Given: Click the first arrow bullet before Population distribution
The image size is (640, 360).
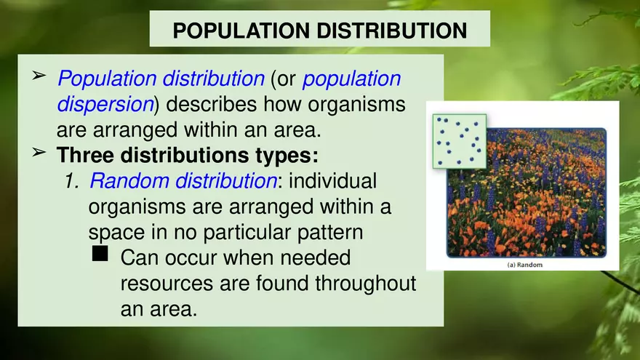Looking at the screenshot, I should (40, 76).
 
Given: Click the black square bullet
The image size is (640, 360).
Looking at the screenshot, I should (100, 254).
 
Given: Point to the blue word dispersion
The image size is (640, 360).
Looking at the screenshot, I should (105, 104).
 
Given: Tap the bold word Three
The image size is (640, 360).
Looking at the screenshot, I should (85, 156).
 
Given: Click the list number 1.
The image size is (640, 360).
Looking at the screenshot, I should (71, 181).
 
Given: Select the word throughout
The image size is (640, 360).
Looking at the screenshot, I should (365, 284).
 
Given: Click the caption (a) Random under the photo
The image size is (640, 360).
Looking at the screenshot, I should (524, 265).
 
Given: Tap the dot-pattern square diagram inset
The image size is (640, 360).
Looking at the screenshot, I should (458, 140).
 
